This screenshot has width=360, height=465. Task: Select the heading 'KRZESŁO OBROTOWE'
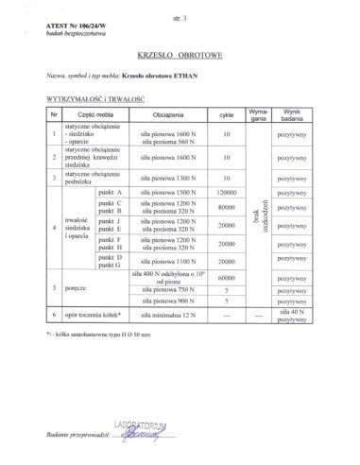(x=180, y=56)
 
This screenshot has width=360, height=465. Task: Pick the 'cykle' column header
(x=226, y=114)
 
